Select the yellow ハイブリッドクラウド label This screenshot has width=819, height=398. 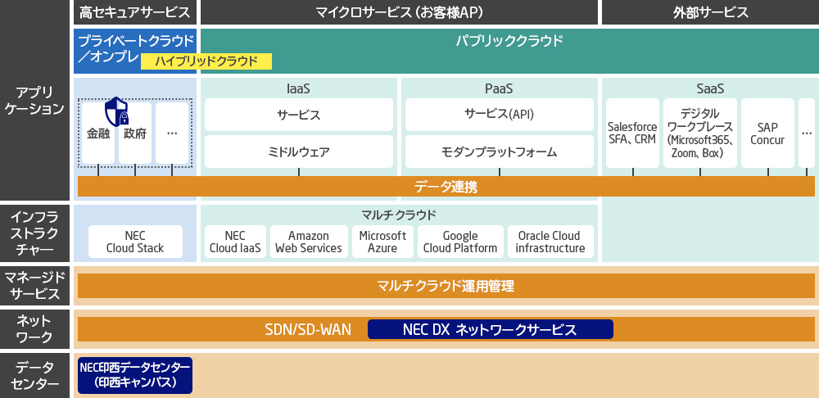[x=206, y=61]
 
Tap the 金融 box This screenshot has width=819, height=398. [x=98, y=133]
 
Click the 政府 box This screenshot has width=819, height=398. [x=135, y=133]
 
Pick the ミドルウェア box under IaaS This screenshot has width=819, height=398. [x=299, y=152]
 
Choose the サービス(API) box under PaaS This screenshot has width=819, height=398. [x=499, y=115]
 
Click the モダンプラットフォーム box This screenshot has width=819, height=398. [x=499, y=152]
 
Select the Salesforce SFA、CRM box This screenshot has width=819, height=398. [x=632, y=133]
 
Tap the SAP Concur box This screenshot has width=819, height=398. [x=767, y=133]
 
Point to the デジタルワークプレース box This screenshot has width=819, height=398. [x=699, y=133]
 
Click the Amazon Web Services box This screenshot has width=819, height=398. [x=309, y=242]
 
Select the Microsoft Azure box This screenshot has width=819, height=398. [x=382, y=242]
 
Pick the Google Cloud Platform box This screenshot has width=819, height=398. [x=459, y=242]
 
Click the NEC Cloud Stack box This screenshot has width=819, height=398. [x=135, y=242]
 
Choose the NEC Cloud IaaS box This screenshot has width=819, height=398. [x=235, y=242]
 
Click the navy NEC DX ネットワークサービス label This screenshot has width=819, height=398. [x=490, y=329]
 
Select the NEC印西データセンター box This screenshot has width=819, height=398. [x=135, y=374]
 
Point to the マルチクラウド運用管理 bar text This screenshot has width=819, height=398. [x=446, y=286]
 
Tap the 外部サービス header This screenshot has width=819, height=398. [x=710, y=12]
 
